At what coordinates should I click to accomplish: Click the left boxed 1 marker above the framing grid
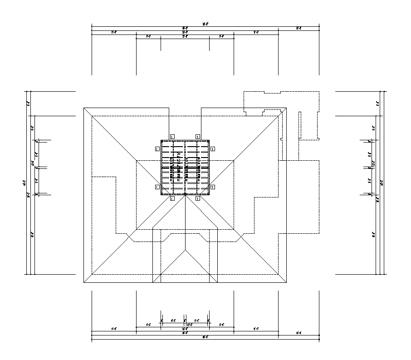(172, 136)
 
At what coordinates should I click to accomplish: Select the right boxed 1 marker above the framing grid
(198, 136)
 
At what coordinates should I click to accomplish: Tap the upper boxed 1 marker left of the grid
(157, 148)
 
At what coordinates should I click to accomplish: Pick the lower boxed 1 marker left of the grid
(157, 187)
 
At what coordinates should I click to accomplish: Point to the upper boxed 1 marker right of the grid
(212, 148)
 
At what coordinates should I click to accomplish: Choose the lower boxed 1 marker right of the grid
(212, 187)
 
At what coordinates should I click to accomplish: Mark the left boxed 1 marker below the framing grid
(172, 198)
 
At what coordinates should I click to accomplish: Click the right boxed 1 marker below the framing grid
(198, 198)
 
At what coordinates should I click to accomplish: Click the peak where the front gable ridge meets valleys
(185, 248)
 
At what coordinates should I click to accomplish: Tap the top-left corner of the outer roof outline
(84, 108)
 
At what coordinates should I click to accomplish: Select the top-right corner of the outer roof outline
(286, 108)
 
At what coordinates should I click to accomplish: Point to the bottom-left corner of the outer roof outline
(84, 283)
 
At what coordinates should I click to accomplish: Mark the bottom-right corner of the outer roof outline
(286, 283)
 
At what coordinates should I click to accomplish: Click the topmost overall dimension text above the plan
(205, 24)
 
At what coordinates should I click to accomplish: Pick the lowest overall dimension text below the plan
(205, 337)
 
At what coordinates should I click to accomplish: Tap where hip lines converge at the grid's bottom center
(185, 194)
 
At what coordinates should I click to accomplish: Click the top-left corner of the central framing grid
(161, 140)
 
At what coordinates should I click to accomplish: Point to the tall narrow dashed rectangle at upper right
(299, 123)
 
